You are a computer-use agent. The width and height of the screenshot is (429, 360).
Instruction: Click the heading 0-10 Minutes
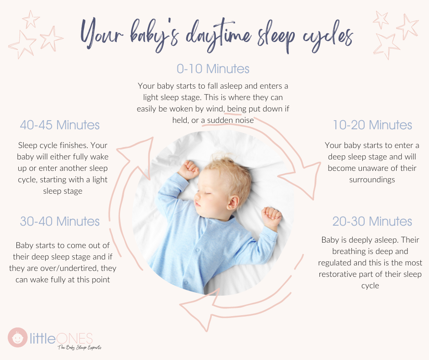point(213,69)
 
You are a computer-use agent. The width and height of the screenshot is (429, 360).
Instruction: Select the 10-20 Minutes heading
point(372,125)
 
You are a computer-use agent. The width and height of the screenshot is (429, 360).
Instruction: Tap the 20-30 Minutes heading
point(372,222)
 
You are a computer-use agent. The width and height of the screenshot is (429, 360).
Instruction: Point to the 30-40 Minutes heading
point(60,222)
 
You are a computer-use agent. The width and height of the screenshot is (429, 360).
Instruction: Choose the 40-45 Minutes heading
point(60,125)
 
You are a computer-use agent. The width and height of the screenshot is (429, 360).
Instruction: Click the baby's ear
point(233,202)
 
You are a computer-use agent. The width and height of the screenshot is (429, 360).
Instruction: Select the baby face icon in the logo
point(17,337)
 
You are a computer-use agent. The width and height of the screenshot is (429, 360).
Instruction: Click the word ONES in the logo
point(74,339)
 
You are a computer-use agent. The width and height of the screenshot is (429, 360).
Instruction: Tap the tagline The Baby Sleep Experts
point(79,347)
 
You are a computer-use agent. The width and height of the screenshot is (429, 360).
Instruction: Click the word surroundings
point(372,180)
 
